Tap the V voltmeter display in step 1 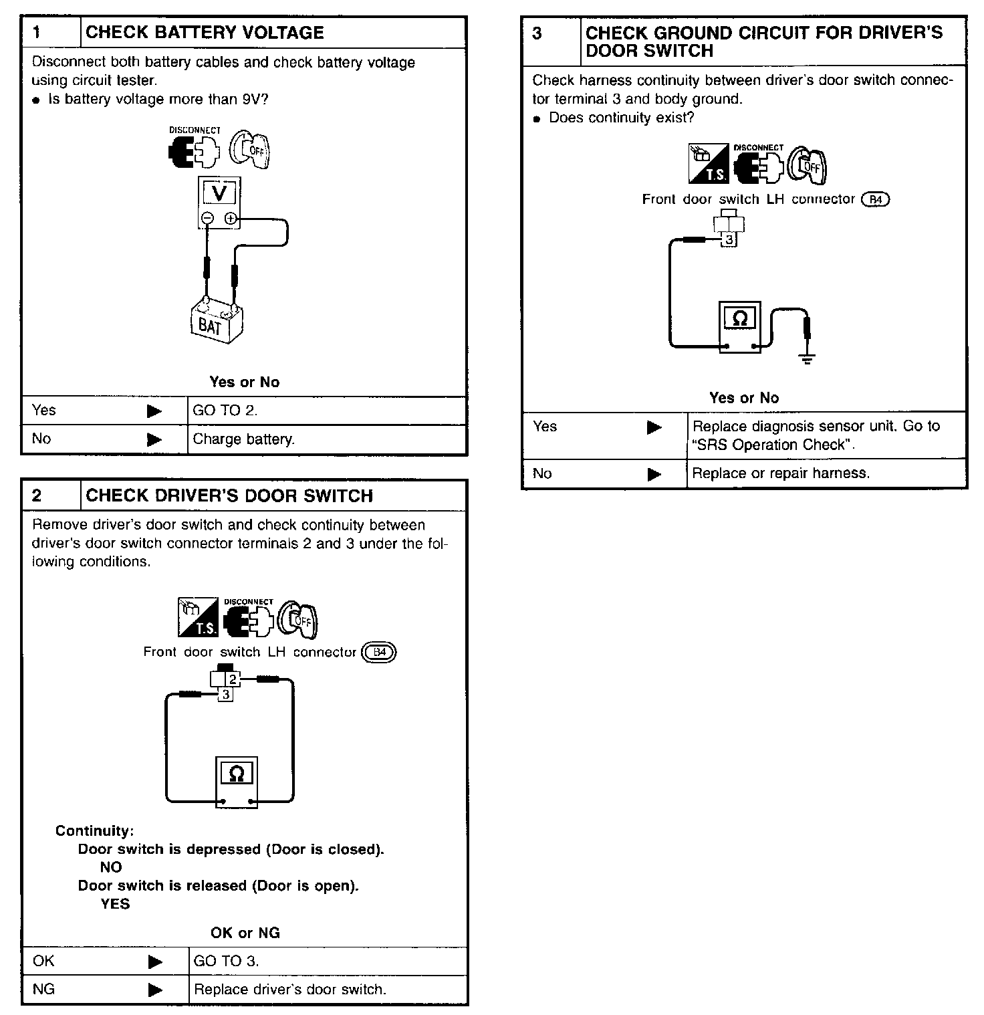click(219, 193)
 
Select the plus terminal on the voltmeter click(230, 218)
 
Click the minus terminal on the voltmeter click(208, 218)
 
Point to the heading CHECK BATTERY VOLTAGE click(205, 32)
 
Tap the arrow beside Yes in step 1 click(154, 411)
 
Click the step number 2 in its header click(37, 495)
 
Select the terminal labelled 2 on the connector click(233, 679)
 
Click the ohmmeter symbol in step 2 click(237, 774)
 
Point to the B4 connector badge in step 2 click(379, 652)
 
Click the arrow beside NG click(155, 989)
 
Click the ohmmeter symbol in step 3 click(740, 320)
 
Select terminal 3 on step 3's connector click(729, 239)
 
